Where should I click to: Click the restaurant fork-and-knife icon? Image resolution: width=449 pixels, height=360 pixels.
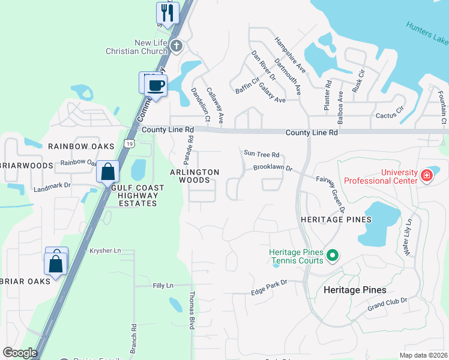click(167, 13)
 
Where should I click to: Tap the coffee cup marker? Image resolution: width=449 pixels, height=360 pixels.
click(156, 85)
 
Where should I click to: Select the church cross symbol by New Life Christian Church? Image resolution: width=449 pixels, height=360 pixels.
click(176, 46)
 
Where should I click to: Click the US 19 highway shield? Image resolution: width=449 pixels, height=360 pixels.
click(129, 143)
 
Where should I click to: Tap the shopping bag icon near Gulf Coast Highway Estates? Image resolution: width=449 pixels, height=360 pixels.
click(107, 172)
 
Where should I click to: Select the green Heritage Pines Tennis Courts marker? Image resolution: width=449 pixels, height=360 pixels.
click(333, 257)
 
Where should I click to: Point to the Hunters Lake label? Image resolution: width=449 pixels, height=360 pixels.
click(427, 34)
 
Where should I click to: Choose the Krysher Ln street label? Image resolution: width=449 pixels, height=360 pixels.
click(105, 250)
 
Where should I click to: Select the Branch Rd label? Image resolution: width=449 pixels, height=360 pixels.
click(134, 338)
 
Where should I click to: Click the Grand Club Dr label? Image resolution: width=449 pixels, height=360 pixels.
click(387, 304)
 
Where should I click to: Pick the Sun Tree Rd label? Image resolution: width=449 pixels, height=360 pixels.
click(262, 154)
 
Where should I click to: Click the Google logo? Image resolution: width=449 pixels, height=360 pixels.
click(20, 353)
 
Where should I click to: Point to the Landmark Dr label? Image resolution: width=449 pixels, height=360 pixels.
click(52, 185)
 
